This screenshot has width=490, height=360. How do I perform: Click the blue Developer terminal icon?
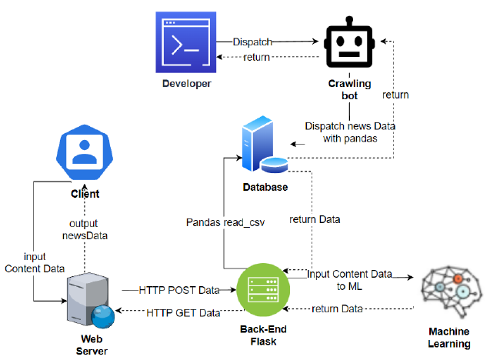tap(186, 43)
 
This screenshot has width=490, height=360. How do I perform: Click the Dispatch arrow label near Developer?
tap(252, 42)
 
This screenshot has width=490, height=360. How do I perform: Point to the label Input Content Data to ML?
tap(350, 280)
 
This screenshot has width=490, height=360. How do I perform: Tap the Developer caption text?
tap(186, 83)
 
